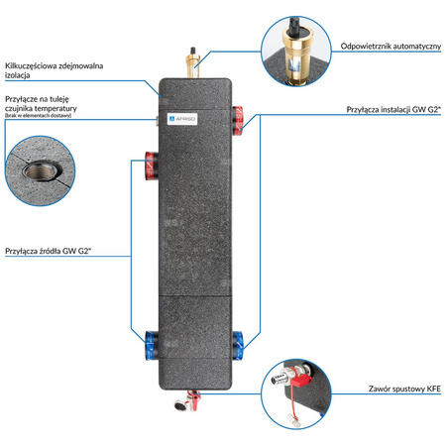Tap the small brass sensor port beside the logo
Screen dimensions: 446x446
[x=161, y=116]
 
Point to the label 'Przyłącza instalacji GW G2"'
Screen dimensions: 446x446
[x=390, y=109]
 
